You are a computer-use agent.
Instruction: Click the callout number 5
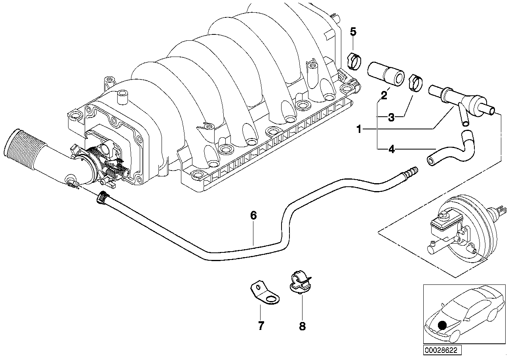(353, 32)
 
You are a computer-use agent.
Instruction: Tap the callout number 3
(391, 117)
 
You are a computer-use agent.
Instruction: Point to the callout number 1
(359, 129)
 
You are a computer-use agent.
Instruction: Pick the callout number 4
(391, 150)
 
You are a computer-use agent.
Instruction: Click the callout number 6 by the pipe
(253, 216)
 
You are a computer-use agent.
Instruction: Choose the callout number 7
(261, 326)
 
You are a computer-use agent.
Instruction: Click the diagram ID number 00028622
(440, 351)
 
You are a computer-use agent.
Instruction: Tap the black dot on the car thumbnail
(442, 326)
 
